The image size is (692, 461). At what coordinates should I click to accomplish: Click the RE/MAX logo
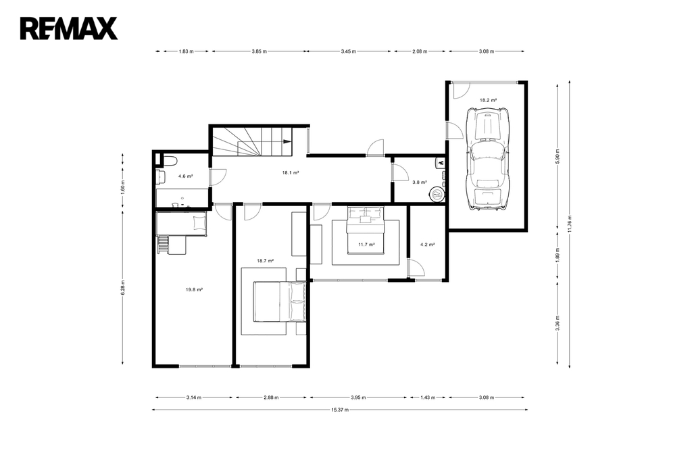coord(69,28)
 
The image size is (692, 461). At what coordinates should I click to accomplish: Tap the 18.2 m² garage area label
coord(488,100)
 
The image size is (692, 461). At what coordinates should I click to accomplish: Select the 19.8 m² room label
coord(194,290)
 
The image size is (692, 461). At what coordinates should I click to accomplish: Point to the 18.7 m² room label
coord(265,260)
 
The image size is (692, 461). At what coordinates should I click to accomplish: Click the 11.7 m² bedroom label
coord(366,244)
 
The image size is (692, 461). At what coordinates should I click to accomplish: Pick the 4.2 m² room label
coord(427,244)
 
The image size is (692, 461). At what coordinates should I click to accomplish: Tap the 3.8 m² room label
coord(419,182)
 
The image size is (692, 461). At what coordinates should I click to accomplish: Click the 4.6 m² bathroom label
coord(185,176)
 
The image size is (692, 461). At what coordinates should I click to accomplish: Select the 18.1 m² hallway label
coord(291,172)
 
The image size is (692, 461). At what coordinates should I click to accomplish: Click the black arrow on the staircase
coord(287,141)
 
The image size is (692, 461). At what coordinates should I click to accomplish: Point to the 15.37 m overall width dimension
coord(340,410)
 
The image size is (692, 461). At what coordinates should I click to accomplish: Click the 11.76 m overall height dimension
coord(570,224)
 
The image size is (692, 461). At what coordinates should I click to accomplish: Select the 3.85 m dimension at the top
coord(259,51)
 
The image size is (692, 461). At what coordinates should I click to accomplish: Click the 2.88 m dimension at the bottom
coord(271,397)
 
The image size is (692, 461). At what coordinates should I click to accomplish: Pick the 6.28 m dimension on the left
coord(123,287)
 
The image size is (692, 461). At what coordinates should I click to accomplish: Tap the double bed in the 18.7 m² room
coord(279,302)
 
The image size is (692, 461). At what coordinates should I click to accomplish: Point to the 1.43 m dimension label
coord(428,397)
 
